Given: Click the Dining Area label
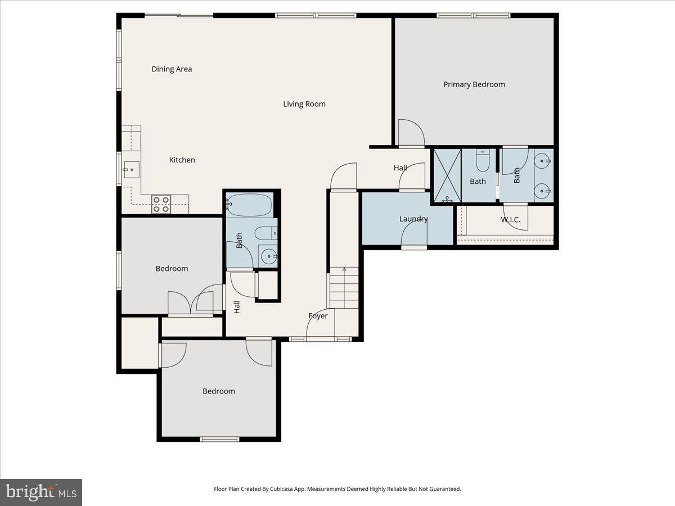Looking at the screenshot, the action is pos(172,69).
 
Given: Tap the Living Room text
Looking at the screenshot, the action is pos(304,104).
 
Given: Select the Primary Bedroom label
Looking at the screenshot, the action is pos(474,84).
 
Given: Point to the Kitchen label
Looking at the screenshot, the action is pos(182,160).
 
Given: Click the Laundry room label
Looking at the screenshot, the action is pos(413,219).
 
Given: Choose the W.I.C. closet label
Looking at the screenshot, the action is pos(511,220).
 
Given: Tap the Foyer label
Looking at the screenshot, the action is pos(318,316).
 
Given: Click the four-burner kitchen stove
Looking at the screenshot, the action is pos(161,204).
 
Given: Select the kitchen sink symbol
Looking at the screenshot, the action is pos(131,170).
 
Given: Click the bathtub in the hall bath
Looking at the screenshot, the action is pos(249,205).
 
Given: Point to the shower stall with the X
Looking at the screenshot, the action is pos(447,175).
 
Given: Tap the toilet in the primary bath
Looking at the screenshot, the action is pos(483,160).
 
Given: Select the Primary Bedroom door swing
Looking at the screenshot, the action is pos(411,132).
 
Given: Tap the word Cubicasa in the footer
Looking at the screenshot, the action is pos(282,489).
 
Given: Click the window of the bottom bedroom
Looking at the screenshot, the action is pos(219,439).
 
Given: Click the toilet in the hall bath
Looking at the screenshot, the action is pos(266,233).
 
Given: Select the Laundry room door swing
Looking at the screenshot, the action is pos(414,233).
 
